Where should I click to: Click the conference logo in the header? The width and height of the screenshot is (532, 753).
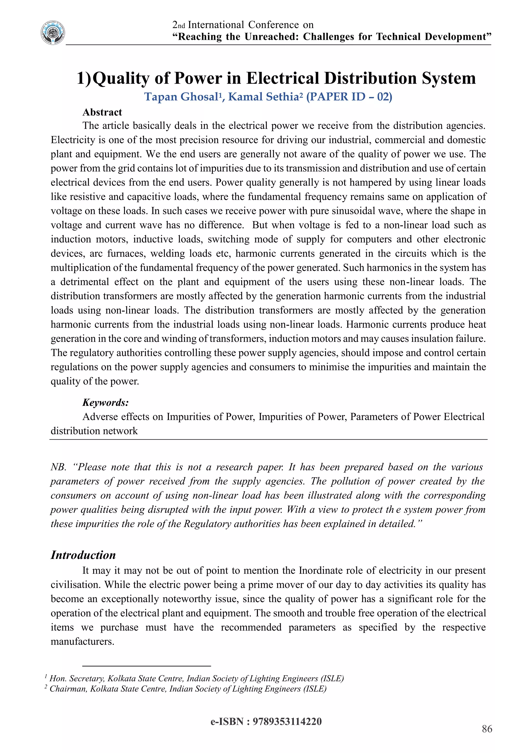tap(53, 33)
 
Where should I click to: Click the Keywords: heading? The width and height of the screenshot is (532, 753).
tap(105, 403)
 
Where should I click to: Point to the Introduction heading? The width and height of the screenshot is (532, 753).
tap(83, 555)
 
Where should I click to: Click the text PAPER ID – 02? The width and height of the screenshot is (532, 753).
tap(349, 97)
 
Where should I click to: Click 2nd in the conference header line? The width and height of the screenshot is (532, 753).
tap(179, 25)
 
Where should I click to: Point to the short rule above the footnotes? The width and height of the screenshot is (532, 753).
tap(147, 666)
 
